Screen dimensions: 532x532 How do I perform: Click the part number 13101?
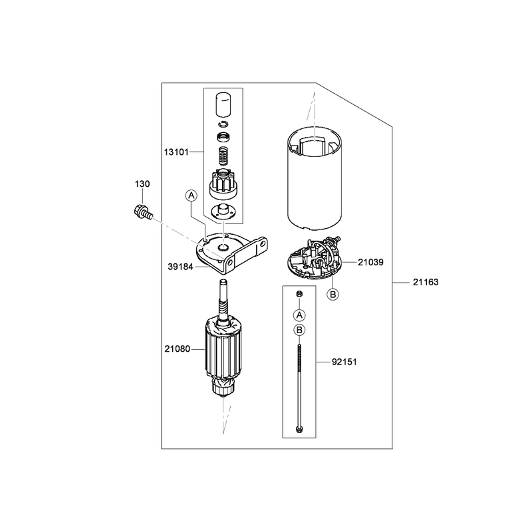(176, 152)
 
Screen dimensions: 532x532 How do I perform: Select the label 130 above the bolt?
(142, 184)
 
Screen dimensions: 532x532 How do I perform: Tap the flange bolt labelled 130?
(142, 212)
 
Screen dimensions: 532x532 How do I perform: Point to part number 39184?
(180, 267)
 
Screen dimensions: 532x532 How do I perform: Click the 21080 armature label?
(177, 348)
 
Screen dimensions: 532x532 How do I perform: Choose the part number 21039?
(370, 262)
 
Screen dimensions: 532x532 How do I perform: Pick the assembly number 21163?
(426, 282)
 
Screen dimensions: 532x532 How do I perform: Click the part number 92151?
(344, 362)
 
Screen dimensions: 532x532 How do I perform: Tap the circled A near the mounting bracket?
(192, 196)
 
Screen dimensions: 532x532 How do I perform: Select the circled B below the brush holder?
(333, 294)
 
